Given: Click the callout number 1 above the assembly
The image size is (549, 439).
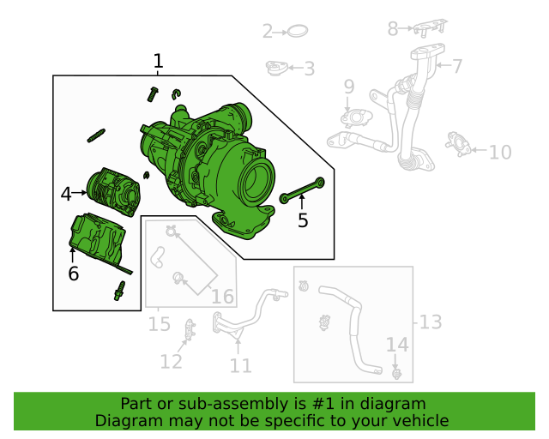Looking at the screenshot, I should [158, 61].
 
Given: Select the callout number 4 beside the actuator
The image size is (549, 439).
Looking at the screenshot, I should [66, 195].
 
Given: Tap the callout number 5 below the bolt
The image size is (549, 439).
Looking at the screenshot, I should [302, 220].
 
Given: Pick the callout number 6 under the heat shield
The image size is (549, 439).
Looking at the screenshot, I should [73, 274].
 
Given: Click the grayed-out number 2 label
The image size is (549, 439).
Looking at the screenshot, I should [268, 32].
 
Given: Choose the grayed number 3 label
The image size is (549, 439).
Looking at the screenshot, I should [309, 69].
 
